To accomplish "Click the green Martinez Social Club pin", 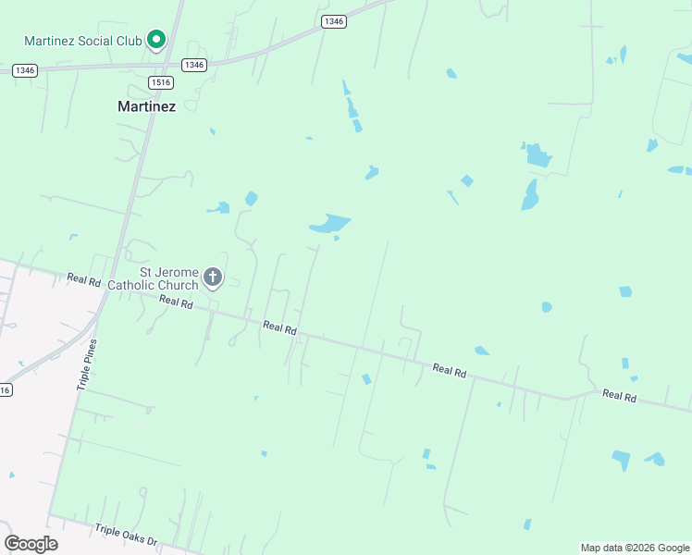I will tap(156, 40).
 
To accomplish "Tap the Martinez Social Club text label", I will tap(81, 41).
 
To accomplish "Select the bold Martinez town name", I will tap(146, 106).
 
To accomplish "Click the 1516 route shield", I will tap(161, 82).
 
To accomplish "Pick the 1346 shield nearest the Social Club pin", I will tap(193, 64).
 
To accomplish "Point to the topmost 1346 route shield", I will tap(334, 21).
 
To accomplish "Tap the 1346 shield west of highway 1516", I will tap(25, 70).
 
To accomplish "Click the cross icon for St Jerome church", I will tap(213, 277).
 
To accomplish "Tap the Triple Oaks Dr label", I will tap(127, 535).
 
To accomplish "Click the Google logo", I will tap(31, 544).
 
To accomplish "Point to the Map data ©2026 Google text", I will tap(635, 548).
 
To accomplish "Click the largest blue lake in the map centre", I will tap(329, 224).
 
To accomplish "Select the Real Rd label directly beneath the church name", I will tap(176, 301).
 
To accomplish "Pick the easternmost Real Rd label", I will tap(620, 395).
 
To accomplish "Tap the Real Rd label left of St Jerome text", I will tap(83, 279).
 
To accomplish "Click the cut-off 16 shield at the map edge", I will tap(5, 389).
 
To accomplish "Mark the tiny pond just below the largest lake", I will tap(336, 239).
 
